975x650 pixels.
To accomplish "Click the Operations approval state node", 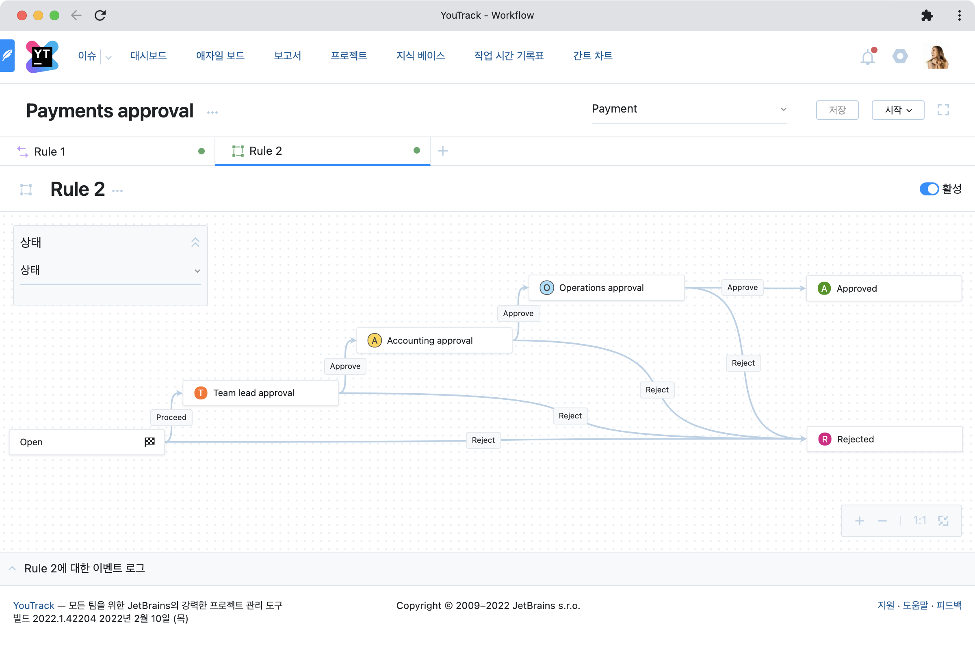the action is click(x=606, y=288).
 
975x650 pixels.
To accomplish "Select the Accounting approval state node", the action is click(x=434, y=340).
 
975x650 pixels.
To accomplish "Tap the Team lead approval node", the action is click(x=260, y=393).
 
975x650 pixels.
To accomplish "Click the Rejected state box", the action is click(x=884, y=439).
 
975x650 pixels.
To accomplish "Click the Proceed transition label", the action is click(x=171, y=418).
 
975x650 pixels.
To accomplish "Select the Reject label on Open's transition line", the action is click(x=483, y=440).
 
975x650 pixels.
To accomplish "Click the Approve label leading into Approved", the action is click(x=743, y=288).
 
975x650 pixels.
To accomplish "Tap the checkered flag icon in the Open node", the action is click(x=149, y=442).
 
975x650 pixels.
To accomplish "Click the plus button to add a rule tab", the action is click(x=443, y=151).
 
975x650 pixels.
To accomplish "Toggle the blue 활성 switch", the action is click(x=929, y=189).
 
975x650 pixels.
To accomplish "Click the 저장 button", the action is click(x=837, y=110).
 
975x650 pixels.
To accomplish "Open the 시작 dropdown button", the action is click(x=898, y=110).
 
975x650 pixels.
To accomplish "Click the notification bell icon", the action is click(x=868, y=56).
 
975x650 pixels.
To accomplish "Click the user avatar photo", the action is click(x=937, y=56).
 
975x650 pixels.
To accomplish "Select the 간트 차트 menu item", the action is click(x=593, y=56).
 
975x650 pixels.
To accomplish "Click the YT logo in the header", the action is click(x=42, y=57).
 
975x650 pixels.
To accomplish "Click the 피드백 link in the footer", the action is click(x=949, y=605).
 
